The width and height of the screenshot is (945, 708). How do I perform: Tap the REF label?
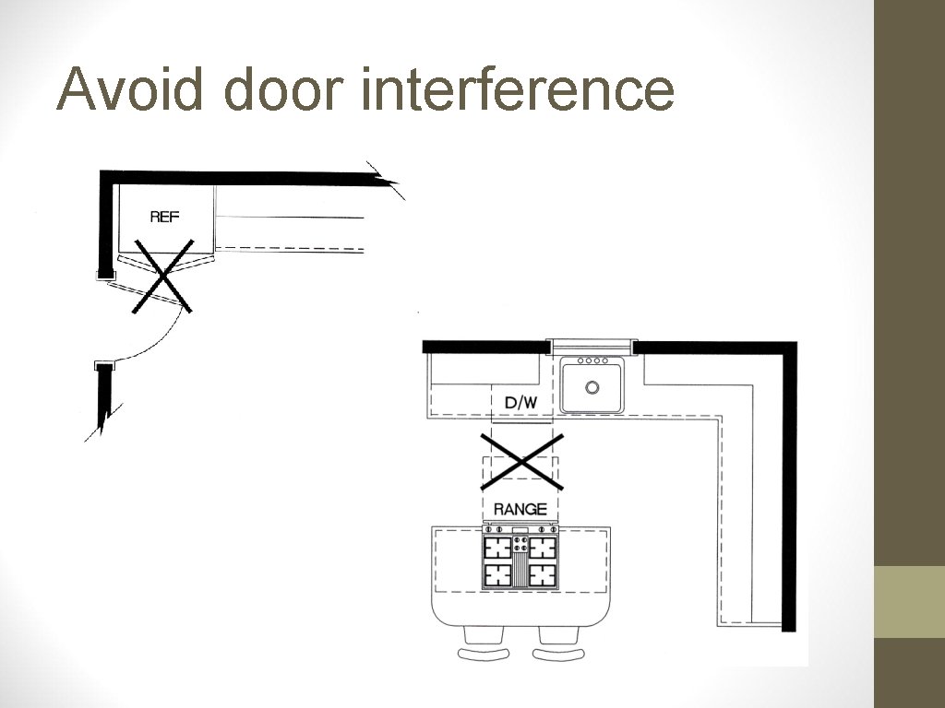164,218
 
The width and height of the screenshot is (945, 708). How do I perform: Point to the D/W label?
521,402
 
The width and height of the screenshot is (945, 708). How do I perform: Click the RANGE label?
520,509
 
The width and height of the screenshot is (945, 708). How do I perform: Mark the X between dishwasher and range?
521,460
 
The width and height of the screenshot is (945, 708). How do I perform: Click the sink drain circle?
592,387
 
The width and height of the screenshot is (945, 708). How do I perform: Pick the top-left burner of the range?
499,549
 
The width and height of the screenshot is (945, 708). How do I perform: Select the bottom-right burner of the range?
543,575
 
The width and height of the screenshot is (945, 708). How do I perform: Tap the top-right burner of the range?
543,549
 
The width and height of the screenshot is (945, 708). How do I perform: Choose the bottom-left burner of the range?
499,575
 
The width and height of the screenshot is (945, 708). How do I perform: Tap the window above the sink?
591,346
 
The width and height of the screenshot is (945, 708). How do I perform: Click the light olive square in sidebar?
909,601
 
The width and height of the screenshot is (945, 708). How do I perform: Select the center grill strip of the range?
520,562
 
